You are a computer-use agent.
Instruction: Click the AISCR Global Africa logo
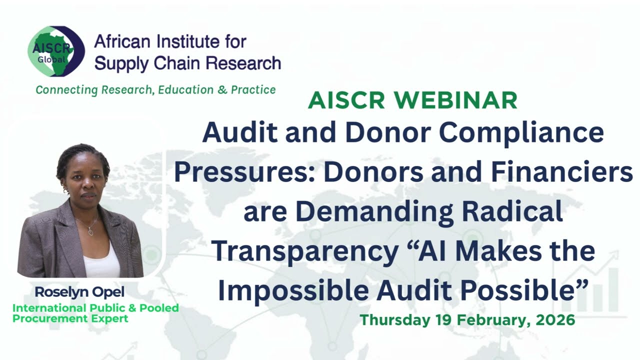(55, 51)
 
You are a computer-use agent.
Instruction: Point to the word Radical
(512, 212)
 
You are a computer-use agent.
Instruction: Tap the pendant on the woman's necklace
(90, 231)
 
